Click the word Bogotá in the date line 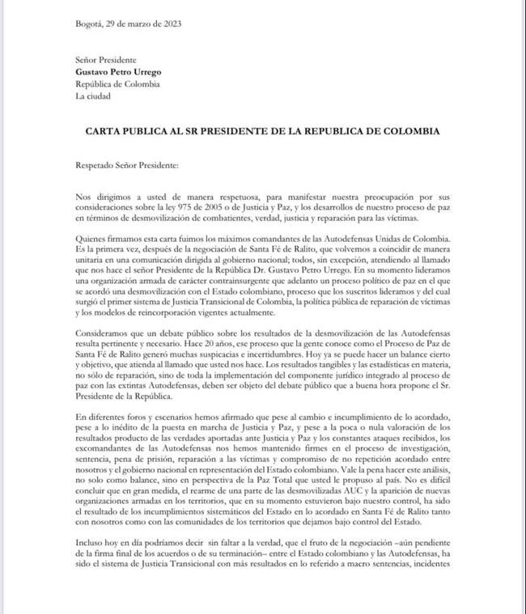coord(89,23)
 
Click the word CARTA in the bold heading coord(105,131)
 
